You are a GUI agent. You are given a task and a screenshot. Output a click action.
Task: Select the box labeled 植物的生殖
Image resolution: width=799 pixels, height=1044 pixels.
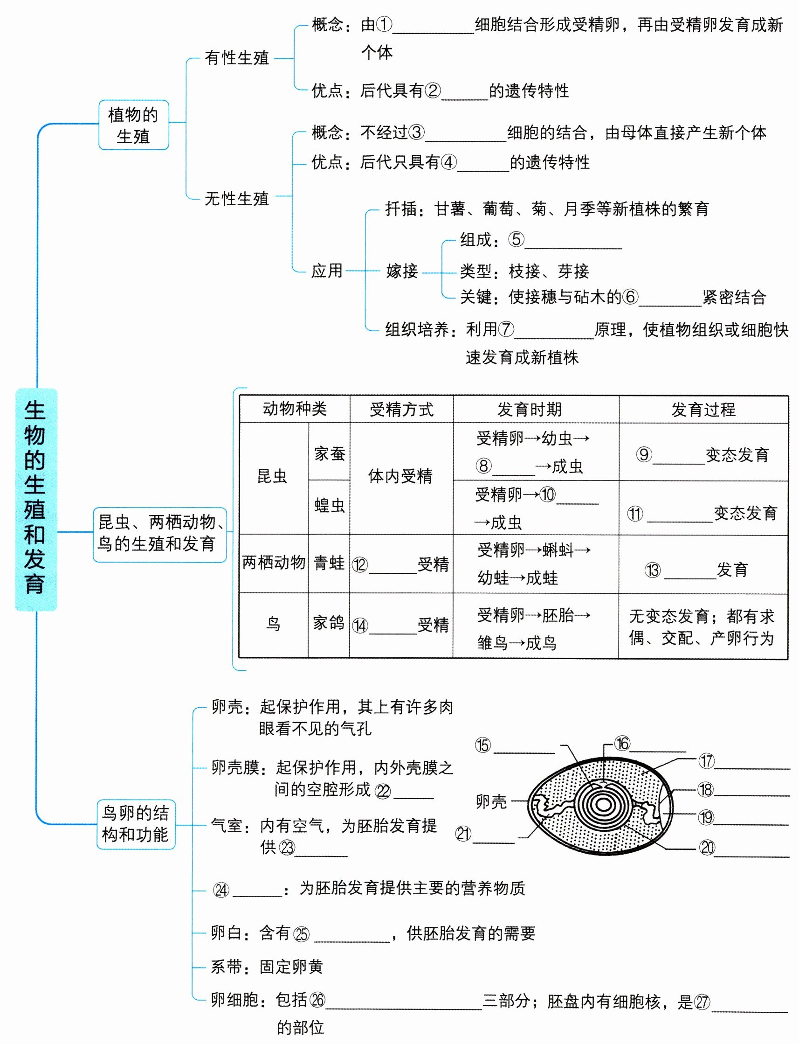pos(133,125)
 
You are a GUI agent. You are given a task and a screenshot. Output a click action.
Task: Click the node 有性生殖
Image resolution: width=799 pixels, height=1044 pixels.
pos(237,58)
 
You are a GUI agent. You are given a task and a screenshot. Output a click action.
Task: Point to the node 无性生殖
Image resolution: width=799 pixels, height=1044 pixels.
pos(237,198)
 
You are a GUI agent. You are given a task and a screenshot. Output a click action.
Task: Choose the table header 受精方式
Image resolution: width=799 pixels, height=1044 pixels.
pos(401,409)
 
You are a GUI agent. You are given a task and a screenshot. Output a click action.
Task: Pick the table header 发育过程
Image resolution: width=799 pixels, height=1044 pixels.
pos(703,409)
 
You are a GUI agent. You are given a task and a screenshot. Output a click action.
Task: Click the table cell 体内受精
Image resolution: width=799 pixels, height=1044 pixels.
pos(400,476)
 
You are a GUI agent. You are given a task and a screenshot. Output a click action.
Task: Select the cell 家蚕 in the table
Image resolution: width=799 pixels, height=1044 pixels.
pos(330,453)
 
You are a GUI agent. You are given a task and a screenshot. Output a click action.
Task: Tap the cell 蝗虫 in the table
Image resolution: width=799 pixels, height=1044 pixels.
pos(330,505)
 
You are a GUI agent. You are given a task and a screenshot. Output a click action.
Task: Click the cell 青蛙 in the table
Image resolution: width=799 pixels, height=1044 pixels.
pos(329,563)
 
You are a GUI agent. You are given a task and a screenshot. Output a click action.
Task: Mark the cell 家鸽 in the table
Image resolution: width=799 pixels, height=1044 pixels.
pos(328,623)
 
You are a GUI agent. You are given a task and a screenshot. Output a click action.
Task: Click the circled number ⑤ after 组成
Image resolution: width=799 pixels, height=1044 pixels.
pos(516,239)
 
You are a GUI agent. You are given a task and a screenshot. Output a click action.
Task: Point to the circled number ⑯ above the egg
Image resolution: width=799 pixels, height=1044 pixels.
pos(621,743)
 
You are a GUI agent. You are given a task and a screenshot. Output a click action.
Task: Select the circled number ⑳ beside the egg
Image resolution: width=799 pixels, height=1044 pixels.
pos(707,847)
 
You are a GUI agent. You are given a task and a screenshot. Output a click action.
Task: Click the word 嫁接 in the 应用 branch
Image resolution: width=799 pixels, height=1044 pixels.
pos(402,271)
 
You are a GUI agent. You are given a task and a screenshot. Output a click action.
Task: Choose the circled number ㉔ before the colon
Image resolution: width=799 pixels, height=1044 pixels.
pos(221,890)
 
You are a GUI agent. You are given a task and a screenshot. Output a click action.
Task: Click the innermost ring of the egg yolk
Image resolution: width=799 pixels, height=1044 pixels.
pos(604,805)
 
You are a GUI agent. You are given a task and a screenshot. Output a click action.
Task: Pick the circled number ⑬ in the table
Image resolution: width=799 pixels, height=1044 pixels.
pos(653,570)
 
